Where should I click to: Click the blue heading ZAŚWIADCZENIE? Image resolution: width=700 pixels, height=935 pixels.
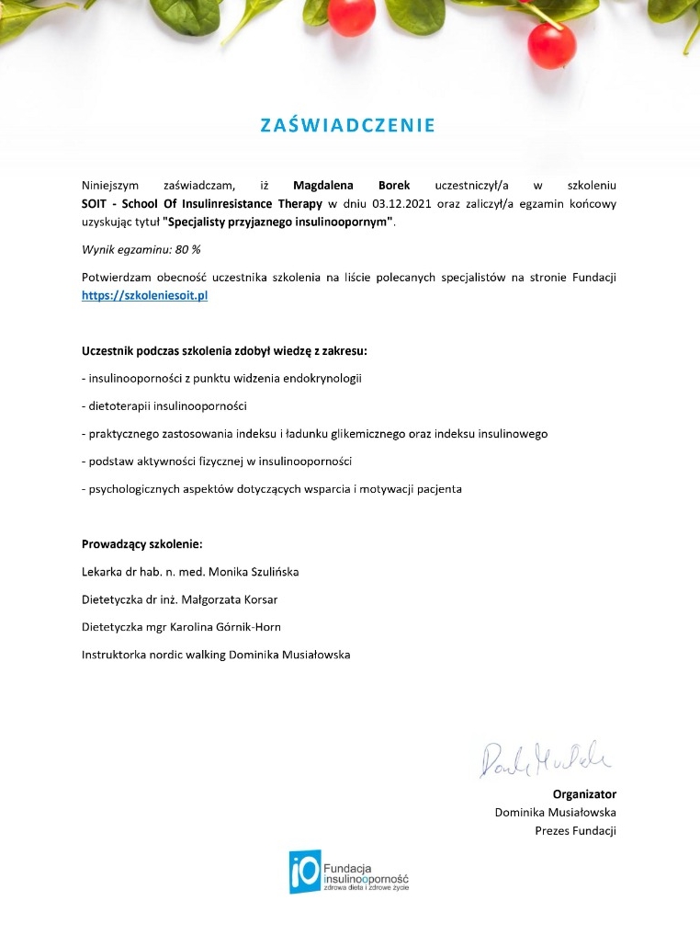(x=347, y=126)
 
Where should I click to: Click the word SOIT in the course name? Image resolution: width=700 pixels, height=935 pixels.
(x=95, y=203)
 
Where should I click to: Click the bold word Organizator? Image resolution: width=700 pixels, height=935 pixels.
(x=584, y=793)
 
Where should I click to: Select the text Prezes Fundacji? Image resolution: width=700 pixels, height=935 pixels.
(x=575, y=830)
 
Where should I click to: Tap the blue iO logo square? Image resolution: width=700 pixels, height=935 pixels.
(x=304, y=872)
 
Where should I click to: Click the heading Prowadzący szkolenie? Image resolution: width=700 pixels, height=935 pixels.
(x=141, y=543)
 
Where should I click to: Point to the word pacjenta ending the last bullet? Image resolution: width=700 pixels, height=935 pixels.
(x=436, y=489)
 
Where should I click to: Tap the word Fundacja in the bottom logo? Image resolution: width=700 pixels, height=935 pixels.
(x=347, y=867)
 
